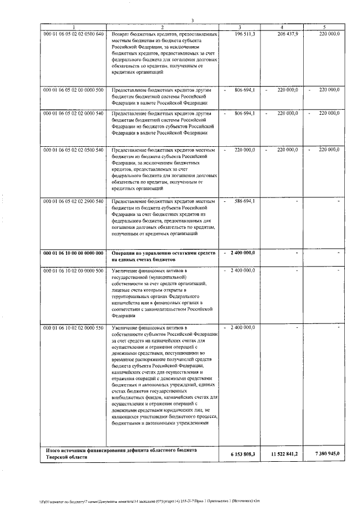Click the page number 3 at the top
pyautogui.click(x=192, y=21)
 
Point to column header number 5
pyautogui.click(x=323, y=28)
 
